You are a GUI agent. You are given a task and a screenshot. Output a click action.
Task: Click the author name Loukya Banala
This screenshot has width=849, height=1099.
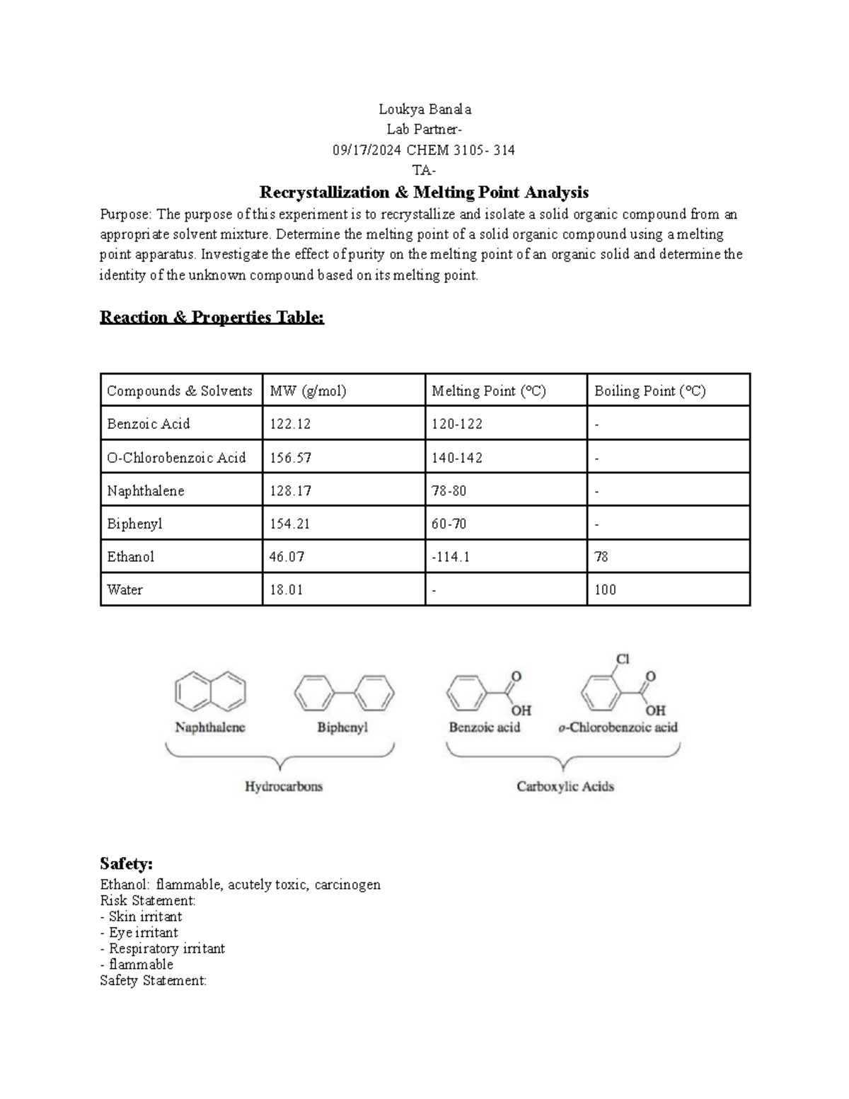pos(424,109)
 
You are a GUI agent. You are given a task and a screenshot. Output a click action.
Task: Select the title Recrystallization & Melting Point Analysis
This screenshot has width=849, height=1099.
pos(424,192)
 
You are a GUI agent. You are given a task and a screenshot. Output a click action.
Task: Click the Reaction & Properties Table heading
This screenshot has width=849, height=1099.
pos(212,317)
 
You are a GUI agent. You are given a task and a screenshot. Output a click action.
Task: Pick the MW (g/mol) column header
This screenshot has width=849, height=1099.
pos(308,391)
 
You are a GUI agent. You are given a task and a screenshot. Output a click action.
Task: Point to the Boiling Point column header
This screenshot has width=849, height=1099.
pos(649,391)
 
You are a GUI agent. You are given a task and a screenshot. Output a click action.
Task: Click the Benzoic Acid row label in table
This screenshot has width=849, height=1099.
pos(149,424)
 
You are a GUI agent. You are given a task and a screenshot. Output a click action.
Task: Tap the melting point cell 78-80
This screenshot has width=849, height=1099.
pos(449,490)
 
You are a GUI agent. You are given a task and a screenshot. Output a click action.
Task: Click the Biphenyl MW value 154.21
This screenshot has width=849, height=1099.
pos(290,524)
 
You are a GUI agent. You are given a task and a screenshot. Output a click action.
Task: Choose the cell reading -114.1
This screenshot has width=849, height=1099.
pos(451,557)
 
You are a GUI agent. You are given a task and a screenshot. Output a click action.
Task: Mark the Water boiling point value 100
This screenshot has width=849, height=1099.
pos(605,589)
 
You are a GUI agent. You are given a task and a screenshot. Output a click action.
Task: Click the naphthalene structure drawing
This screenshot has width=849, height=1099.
pos(210,691)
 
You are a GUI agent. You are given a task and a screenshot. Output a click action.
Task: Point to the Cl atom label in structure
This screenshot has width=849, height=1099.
pos(622,659)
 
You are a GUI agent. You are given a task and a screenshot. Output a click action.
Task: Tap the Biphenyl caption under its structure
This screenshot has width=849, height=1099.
pos(342,727)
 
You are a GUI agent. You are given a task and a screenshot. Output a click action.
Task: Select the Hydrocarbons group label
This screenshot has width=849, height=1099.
pos(283,786)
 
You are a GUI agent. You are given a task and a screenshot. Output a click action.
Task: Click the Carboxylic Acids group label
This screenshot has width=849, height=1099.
pos(565,786)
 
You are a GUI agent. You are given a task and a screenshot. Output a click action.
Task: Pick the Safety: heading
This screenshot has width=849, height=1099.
pos(126,863)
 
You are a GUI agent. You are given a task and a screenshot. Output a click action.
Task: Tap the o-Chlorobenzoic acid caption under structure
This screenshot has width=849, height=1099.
pos(618,727)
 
